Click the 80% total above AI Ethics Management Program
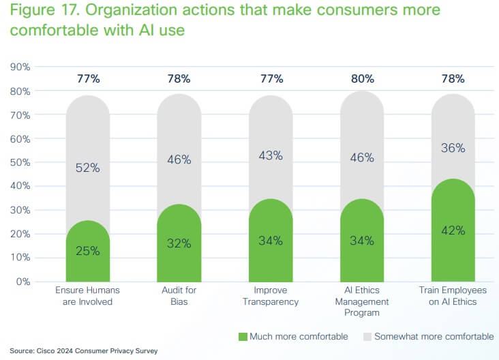[363, 78]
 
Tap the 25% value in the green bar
[88, 251]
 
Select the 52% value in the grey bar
[88, 168]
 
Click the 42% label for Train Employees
[453, 230]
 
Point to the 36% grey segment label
[453, 148]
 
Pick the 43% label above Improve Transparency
[271, 155]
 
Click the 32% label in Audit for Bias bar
[179, 243]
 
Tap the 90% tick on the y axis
[20, 67]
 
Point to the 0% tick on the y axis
[23, 282]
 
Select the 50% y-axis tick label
[20, 163]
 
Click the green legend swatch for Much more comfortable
[243, 337]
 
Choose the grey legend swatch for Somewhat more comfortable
[367, 337]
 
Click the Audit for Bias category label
[179, 296]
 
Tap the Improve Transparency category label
[271, 296]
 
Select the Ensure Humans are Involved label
[87, 296]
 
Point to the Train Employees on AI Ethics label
[453, 296]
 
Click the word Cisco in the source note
[45, 350]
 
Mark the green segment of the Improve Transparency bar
[271, 241]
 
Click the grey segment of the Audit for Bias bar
[179, 149]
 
